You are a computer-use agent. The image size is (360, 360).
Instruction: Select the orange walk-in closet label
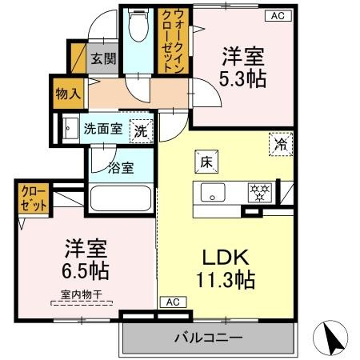pyautogui.click(x=178, y=42)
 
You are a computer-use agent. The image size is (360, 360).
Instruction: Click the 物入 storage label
pyautogui.click(x=67, y=93)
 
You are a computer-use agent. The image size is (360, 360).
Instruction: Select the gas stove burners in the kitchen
pyautogui.click(x=260, y=193)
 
